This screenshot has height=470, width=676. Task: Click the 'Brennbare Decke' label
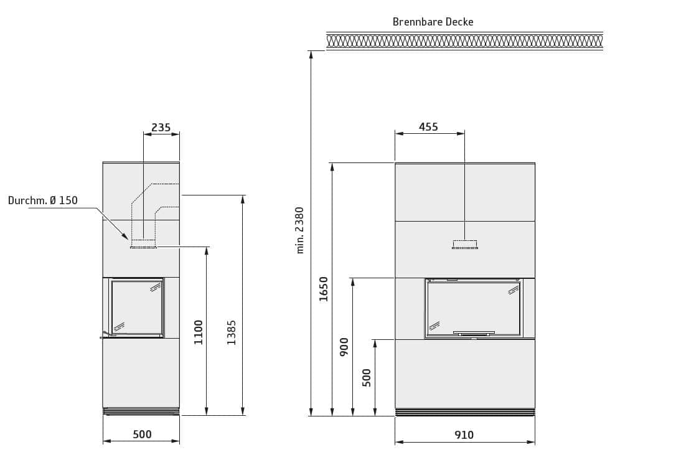click(433, 22)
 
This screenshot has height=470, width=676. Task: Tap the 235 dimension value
click(161, 128)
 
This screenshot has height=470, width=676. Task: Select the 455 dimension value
click(428, 127)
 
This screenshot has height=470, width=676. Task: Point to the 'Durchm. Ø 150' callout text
click(43, 200)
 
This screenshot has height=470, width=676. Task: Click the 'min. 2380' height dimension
click(299, 230)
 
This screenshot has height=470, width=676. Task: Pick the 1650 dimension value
click(323, 289)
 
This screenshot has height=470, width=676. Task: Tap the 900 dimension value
click(344, 347)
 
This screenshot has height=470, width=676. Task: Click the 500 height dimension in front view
click(367, 378)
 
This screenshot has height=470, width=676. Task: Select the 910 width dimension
click(464, 435)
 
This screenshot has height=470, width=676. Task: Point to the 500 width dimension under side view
click(142, 435)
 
